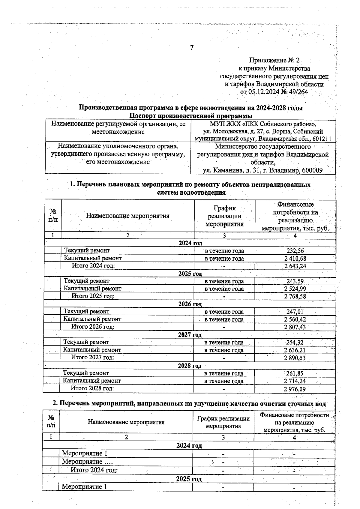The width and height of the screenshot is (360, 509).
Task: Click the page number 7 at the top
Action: (192, 48)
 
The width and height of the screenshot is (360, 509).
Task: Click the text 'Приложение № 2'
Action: (274, 61)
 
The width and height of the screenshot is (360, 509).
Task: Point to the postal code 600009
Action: (312, 171)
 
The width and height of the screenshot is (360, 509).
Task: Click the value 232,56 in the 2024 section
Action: (295, 251)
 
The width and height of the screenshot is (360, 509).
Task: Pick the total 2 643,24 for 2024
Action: (295, 266)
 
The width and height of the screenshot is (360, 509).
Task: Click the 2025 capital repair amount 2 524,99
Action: (295, 289)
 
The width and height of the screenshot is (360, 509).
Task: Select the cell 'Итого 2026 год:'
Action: (93, 327)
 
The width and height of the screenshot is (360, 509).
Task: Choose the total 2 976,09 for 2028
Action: (295, 389)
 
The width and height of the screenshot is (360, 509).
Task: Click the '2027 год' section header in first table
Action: (190, 335)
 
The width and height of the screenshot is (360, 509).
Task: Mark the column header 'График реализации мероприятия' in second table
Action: (223, 422)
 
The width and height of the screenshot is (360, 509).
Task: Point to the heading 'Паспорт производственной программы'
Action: (191, 116)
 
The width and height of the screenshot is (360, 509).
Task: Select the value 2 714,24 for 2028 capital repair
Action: (295, 381)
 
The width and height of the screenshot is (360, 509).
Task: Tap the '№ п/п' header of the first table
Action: (53, 215)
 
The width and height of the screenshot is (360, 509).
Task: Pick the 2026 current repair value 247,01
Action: (295, 312)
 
